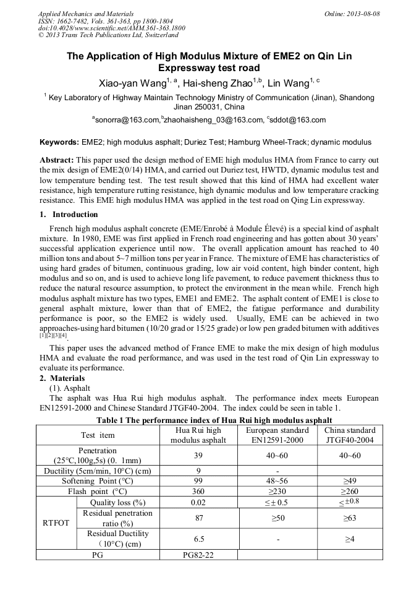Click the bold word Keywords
[59, 142]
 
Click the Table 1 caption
[209, 419]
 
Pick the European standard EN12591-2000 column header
[277, 435]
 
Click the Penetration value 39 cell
[198, 456]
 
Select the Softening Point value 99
[198, 480]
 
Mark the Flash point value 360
[198, 491]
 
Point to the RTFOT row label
[56, 523]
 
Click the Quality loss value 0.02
[198, 502]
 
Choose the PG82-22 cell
[198, 555]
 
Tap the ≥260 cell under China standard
[350, 491]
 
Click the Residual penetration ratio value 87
[198, 518]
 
